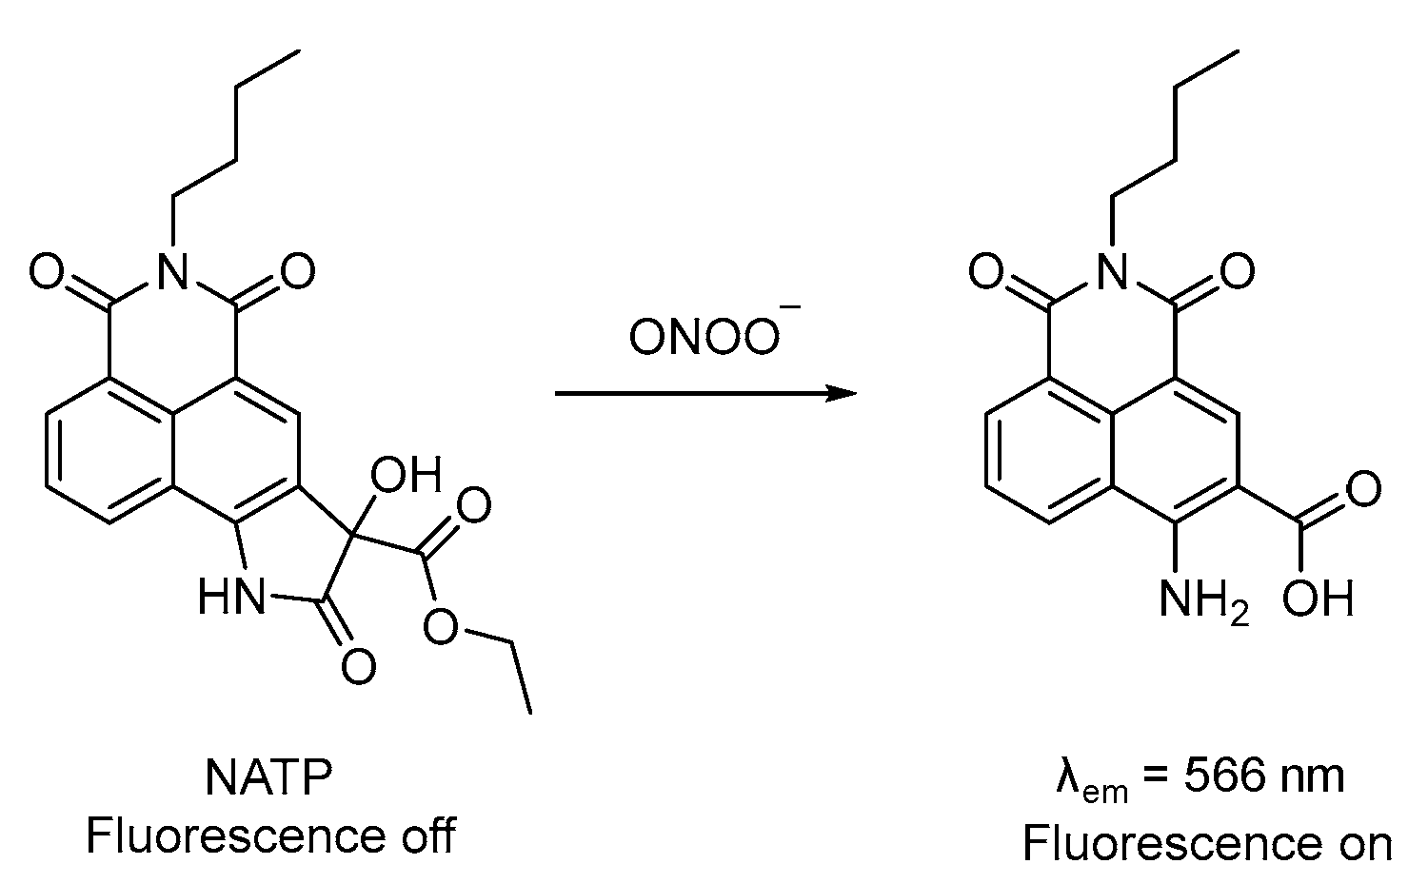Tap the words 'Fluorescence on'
(1207, 843)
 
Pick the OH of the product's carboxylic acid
(1318, 599)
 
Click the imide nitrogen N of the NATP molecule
(172, 274)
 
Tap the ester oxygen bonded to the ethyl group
(441, 627)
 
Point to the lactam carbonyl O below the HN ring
(358, 665)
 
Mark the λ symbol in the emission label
(1067, 776)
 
